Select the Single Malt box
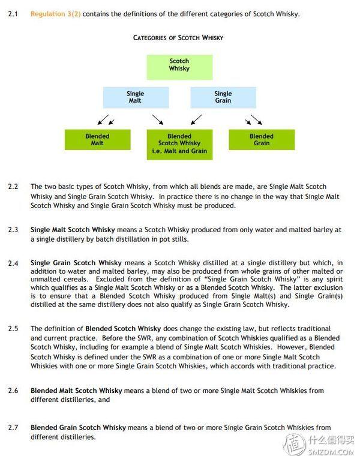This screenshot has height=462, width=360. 135,97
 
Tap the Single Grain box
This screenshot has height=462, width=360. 223,97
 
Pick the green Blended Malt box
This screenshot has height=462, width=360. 97,140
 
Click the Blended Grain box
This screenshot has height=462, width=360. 261,140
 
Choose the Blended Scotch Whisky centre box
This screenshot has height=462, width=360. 179,144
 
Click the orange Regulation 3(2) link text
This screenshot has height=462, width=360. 55,13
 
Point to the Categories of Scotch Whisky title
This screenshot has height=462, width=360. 178,38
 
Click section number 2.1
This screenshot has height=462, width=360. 13,13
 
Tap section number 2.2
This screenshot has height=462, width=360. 13,187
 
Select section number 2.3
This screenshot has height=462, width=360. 13,230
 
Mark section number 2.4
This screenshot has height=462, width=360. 13,263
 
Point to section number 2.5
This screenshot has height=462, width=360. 13,329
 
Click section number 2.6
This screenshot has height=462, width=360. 13,391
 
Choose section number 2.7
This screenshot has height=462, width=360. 13,428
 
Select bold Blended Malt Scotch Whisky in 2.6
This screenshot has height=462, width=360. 77,391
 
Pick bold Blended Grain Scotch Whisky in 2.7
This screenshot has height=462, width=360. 78,428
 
